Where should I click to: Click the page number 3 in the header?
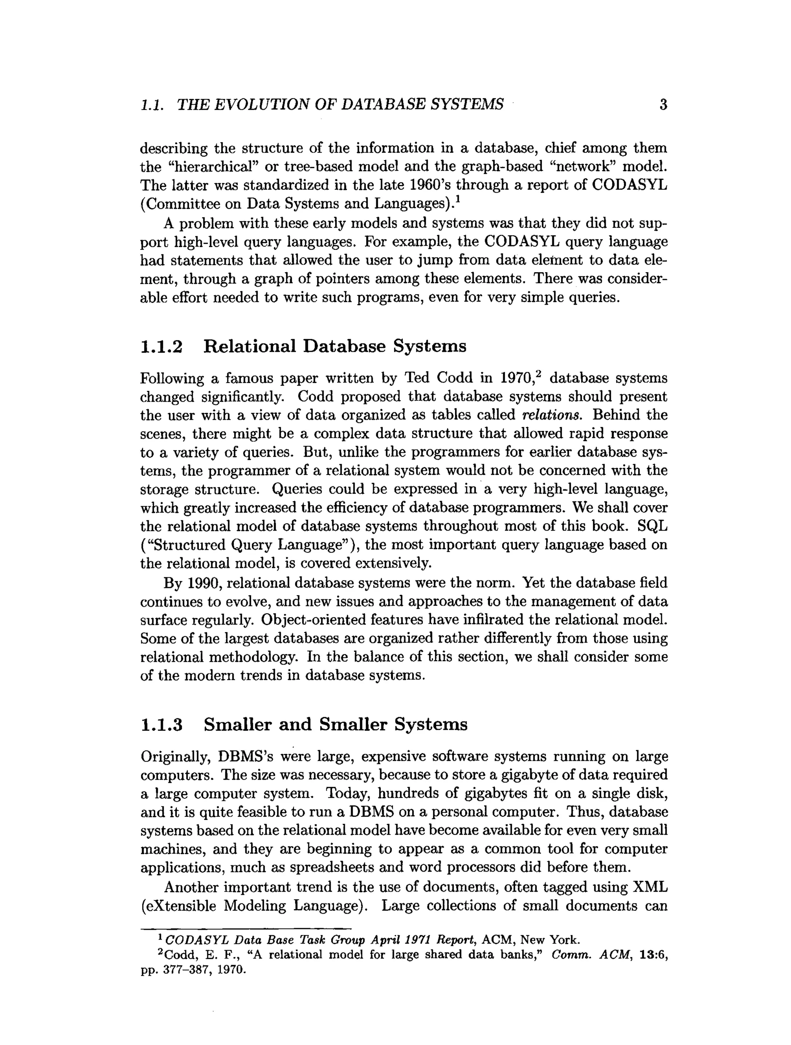pyautogui.click(x=663, y=104)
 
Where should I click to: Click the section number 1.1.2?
pyautogui.click(x=161, y=346)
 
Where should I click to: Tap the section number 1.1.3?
pyautogui.click(x=161, y=725)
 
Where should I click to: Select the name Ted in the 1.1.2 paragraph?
pyautogui.click(x=417, y=378)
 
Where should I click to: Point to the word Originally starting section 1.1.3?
pyautogui.click(x=175, y=757)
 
